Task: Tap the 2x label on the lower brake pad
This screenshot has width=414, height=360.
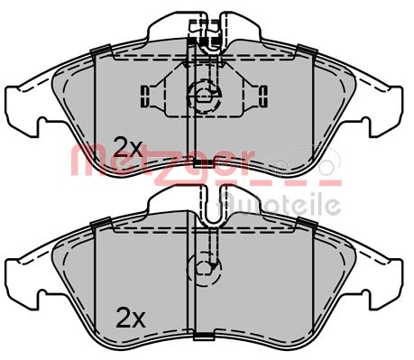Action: click(x=130, y=317)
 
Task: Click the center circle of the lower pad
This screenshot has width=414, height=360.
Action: click(x=203, y=267)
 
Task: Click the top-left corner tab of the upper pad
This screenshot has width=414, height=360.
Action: click(x=101, y=49)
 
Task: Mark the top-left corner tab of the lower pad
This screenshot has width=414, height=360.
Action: click(x=101, y=220)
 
